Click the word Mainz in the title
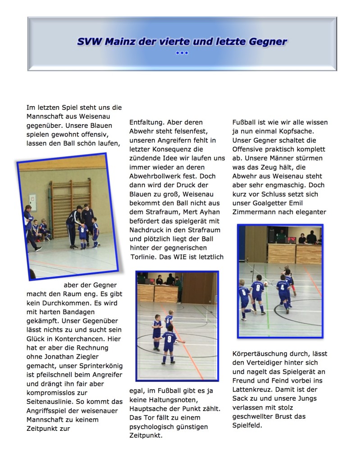click(x=118, y=42)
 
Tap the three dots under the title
click(x=182, y=53)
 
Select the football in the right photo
click(x=266, y=284)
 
